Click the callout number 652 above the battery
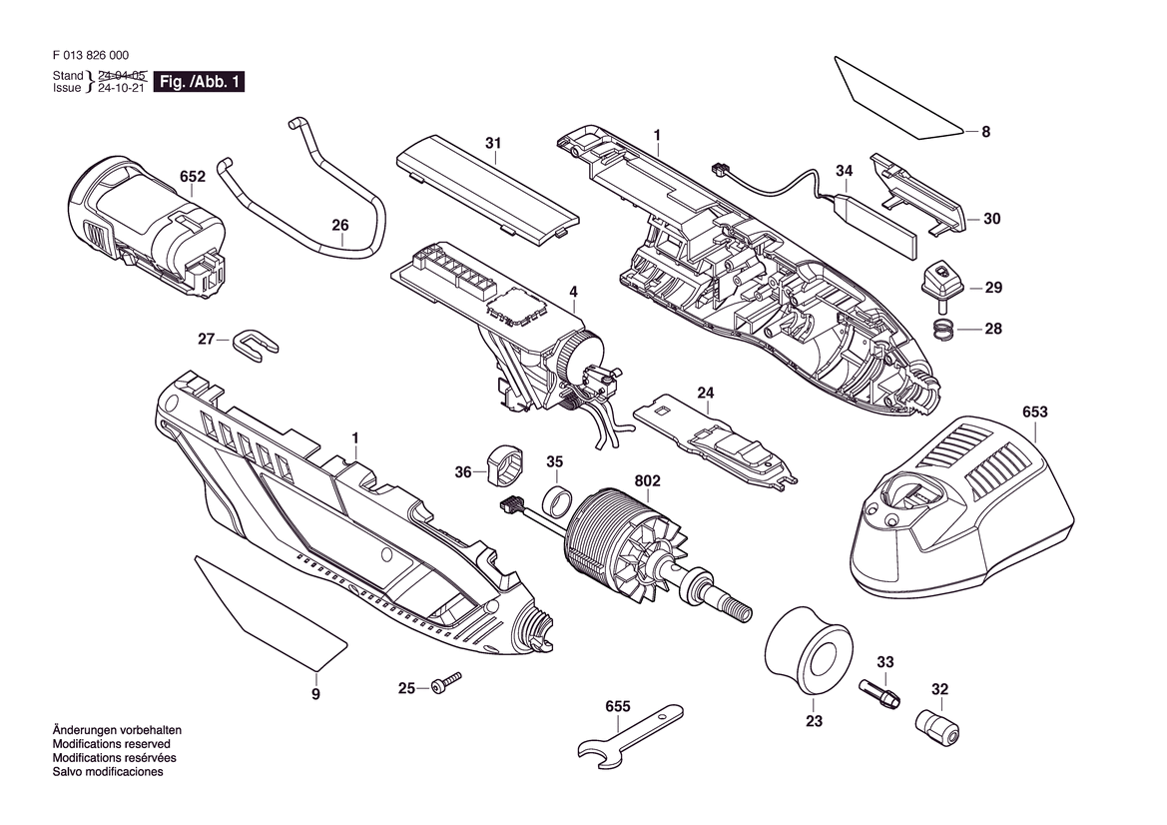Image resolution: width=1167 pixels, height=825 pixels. [x=192, y=177]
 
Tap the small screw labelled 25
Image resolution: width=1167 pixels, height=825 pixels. [x=446, y=683]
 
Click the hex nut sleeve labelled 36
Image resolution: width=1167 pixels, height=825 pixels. [x=504, y=465]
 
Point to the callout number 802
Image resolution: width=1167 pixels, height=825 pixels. [x=647, y=481]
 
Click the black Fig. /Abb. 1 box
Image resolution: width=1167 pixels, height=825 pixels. [x=199, y=82]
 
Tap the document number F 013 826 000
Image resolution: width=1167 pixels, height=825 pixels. [x=91, y=55]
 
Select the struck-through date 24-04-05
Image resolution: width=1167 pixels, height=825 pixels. [x=122, y=75]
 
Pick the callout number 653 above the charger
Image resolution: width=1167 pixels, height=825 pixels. [x=1034, y=412]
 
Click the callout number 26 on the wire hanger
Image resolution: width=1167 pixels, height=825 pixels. [x=340, y=225]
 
